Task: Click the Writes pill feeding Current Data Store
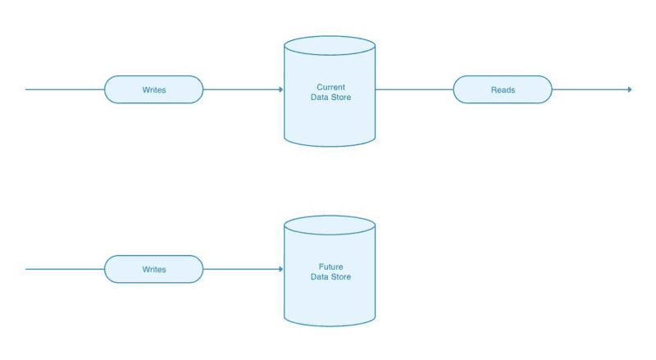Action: pyautogui.click(x=153, y=89)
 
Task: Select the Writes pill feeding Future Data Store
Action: pyautogui.click(x=153, y=269)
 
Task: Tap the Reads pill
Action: pyautogui.click(x=503, y=89)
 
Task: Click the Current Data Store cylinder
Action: pyautogui.click(x=329, y=103)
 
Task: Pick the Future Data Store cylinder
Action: pyautogui.click(x=329, y=283)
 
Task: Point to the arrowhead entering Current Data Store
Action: pyautogui.click(x=280, y=89)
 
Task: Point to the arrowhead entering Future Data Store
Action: pyautogui.click(x=280, y=269)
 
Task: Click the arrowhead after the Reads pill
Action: pyautogui.click(x=629, y=89)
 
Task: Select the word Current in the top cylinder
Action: pyautogui.click(x=330, y=86)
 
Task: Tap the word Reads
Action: pyautogui.click(x=503, y=89)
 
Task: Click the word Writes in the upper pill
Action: pyautogui.click(x=153, y=89)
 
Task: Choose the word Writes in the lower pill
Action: pyautogui.click(x=153, y=269)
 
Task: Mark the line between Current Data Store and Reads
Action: pyautogui.click(x=414, y=89)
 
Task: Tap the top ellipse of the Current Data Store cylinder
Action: pyautogui.click(x=329, y=46)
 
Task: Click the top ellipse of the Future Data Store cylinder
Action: pyautogui.click(x=329, y=226)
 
